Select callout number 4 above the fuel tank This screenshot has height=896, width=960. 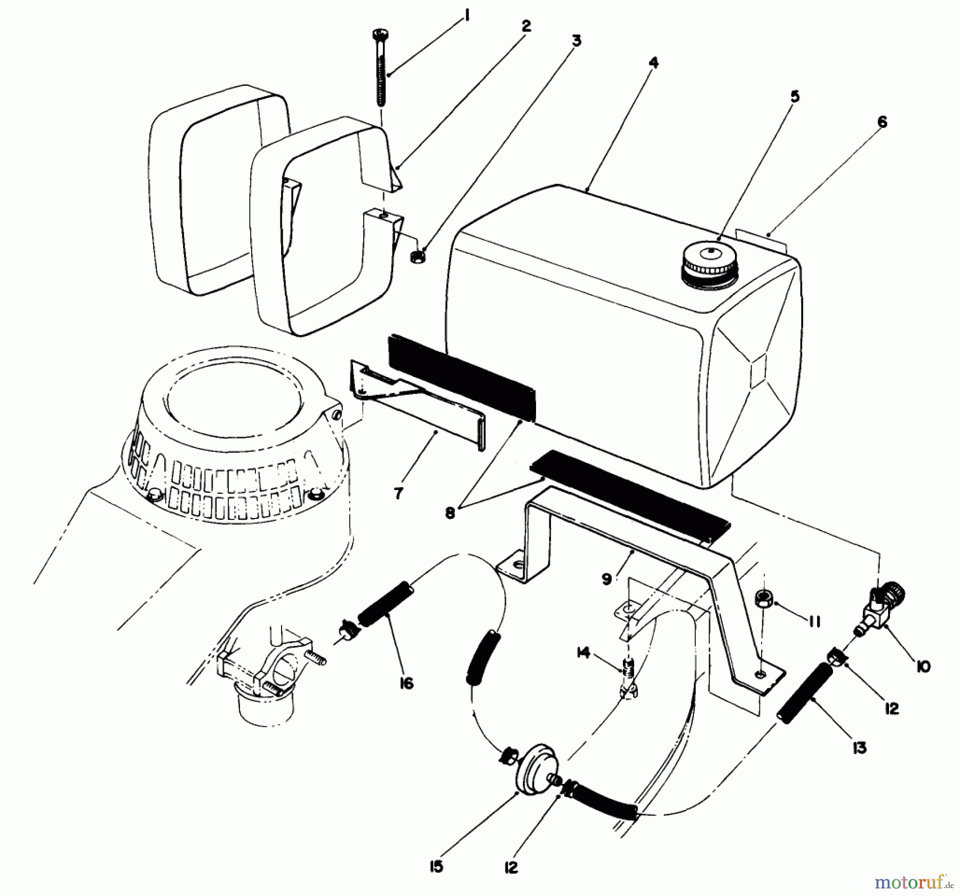click(654, 62)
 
